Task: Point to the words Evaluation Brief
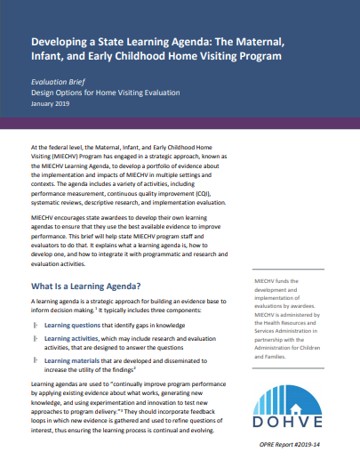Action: (56, 81)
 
